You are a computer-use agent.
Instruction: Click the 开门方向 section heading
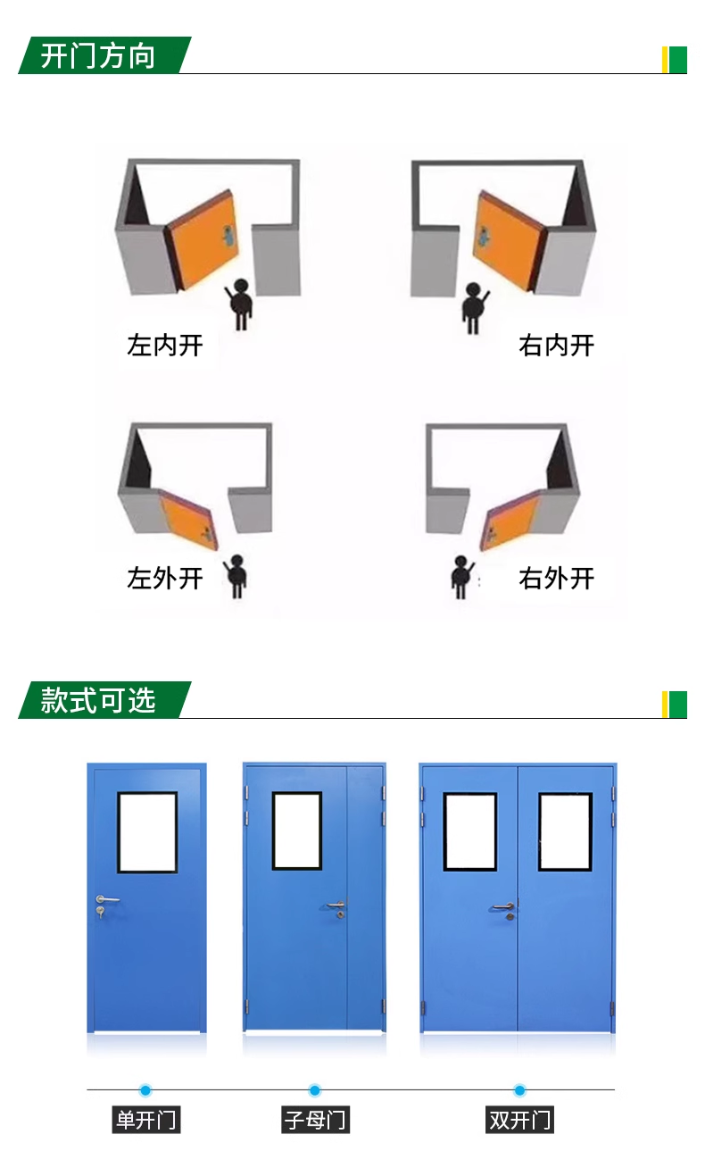[98, 55]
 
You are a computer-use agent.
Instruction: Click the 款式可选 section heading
[98, 700]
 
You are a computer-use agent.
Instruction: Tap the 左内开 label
[165, 346]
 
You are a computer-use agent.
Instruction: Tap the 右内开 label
[556, 346]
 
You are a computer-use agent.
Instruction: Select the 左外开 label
[165, 579]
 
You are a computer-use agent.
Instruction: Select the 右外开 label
[556, 579]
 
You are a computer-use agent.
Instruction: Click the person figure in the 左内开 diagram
[240, 304]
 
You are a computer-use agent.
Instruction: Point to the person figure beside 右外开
[461, 577]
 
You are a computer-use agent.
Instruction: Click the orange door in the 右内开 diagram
[508, 239]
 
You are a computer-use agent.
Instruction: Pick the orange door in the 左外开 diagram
[188, 519]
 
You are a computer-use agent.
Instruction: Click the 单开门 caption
[145, 1120]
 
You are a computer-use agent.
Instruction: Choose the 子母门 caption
[315, 1120]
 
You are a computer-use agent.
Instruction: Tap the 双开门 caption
[519, 1120]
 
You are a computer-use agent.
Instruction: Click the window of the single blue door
[147, 832]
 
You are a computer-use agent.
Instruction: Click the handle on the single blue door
[107, 899]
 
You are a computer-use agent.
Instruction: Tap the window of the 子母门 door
[297, 831]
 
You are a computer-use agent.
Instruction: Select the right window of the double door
[566, 832]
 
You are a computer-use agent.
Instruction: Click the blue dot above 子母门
[315, 1090]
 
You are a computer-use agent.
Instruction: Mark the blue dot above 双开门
[519, 1090]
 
